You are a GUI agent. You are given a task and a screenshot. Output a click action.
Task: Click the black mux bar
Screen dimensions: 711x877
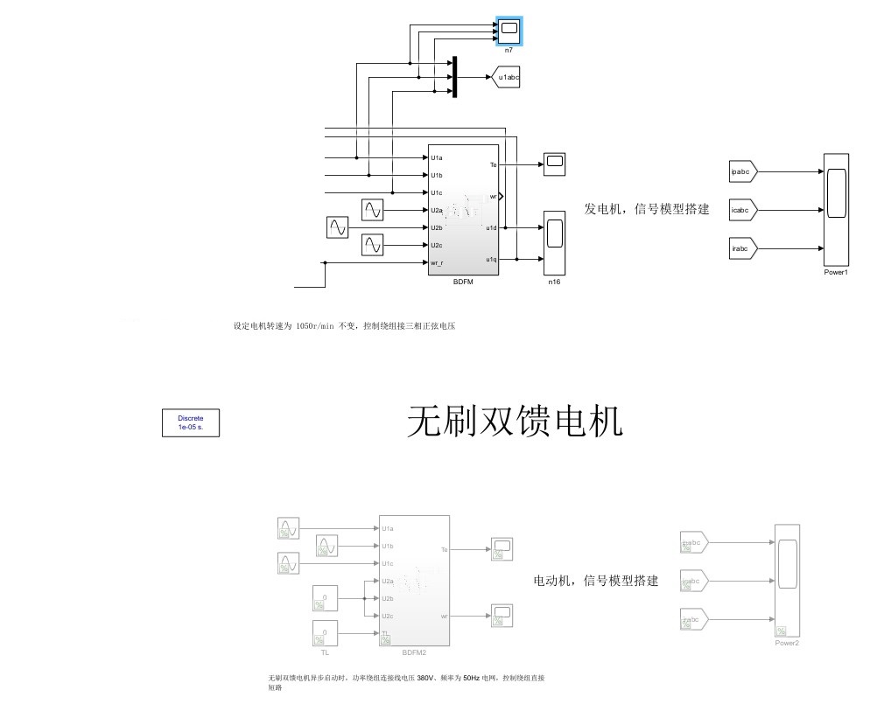click(454, 78)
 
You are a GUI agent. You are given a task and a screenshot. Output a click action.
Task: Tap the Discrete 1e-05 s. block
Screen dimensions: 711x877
click(190, 423)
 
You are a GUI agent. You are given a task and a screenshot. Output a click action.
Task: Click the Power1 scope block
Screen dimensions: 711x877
click(836, 210)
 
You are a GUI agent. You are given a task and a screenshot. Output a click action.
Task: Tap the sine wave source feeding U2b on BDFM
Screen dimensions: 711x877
click(337, 228)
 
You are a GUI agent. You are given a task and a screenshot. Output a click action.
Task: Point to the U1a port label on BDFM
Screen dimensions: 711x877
click(437, 158)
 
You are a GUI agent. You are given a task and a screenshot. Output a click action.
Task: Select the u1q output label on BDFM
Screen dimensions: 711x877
click(491, 260)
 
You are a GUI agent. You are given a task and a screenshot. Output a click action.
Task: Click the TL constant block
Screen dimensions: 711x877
click(325, 633)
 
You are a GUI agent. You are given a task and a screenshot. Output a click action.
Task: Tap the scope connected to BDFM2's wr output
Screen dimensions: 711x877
click(502, 616)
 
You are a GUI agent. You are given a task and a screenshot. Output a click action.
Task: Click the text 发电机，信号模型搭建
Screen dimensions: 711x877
click(646, 210)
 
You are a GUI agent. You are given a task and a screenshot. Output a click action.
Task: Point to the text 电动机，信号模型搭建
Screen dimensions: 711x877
click(595, 581)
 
